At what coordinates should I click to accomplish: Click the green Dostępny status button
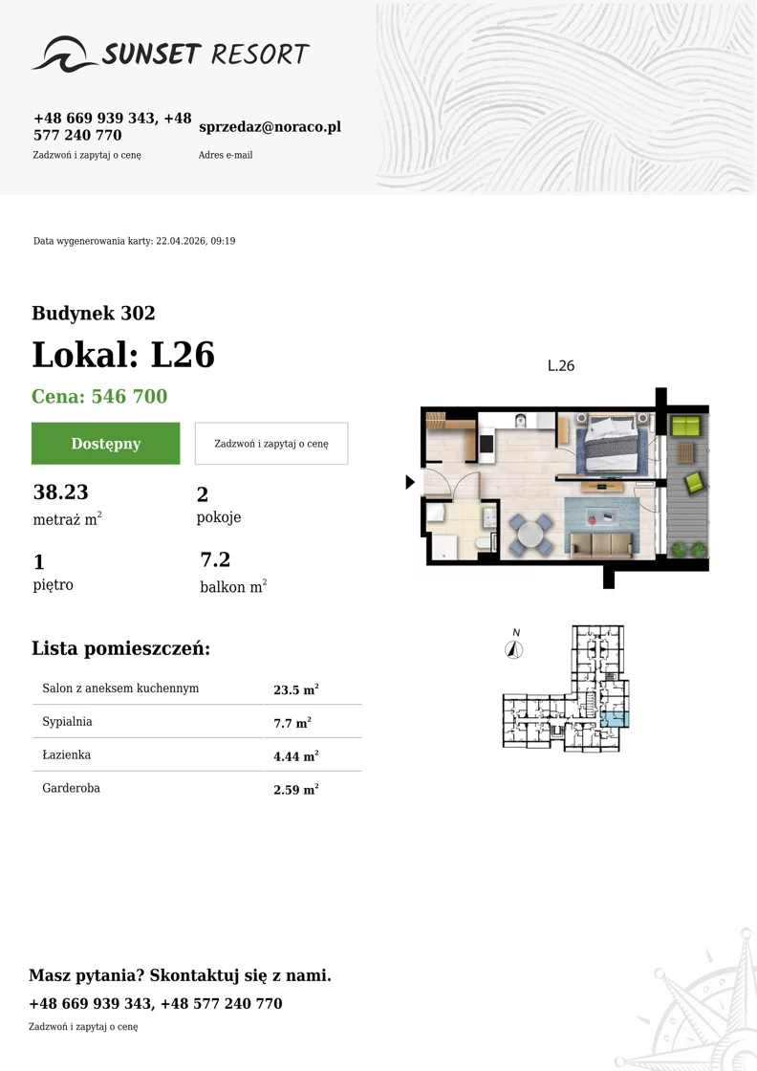coord(106,444)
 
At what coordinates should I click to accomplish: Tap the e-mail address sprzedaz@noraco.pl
coord(270,127)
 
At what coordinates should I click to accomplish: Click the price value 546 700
coord(130,396)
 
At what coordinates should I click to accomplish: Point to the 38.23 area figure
coord(61,492)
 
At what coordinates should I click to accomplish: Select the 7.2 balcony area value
coord(215,559)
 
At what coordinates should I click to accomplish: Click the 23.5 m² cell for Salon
coord(296,689)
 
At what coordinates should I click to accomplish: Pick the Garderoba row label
coord(71,788)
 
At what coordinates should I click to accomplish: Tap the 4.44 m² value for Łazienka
coord(296,756)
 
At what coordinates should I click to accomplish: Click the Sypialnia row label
coord(67,721)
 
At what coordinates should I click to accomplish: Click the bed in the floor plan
coord(612,444)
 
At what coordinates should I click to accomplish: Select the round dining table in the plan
coord(530,535)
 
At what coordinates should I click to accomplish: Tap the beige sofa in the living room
coord(600,545)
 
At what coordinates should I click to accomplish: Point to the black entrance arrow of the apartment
coord(409,482)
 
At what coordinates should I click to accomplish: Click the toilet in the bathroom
coord(484,543)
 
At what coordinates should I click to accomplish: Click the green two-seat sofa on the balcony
coord(686,426)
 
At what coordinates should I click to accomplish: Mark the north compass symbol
coord(514,645)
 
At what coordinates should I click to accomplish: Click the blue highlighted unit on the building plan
coord(615,718)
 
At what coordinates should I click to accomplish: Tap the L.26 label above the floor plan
coord(561,366)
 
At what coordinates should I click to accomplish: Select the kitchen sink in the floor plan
coord(520,421)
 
